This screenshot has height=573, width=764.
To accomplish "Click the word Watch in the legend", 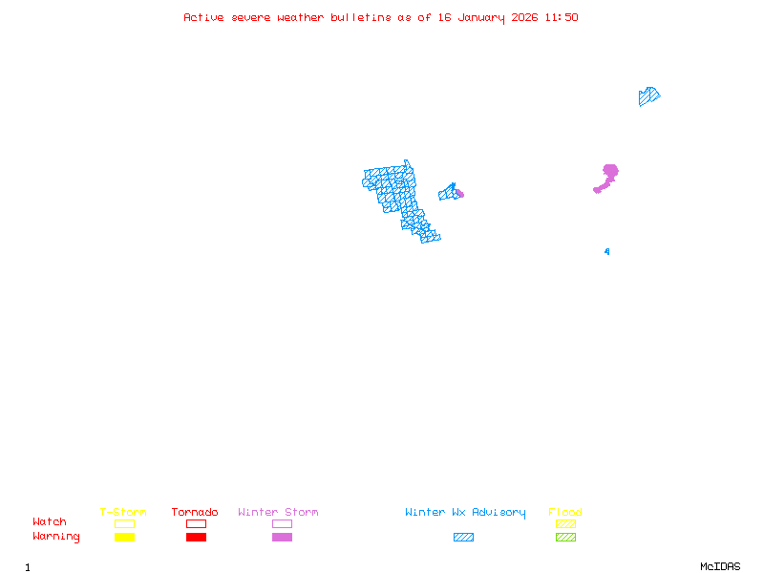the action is (50, 522).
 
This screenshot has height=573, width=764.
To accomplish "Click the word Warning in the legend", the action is (56, 537).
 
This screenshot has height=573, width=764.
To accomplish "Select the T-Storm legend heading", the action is (123, 513).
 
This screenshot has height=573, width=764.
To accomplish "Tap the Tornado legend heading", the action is (195, 513).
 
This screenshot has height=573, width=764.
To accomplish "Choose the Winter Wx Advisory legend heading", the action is (465, 513).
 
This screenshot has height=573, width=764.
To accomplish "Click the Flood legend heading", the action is (565, 513).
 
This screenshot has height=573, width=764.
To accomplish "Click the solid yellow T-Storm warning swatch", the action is (124, 537).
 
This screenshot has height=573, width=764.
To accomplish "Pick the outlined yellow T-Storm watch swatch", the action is (124, 523).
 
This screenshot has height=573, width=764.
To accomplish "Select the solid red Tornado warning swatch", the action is (196, 537).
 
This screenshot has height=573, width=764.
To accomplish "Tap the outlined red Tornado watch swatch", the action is (196, 523).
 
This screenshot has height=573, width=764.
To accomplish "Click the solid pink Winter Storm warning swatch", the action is (282, 537).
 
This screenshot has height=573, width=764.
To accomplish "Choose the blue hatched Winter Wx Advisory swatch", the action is (463, 537).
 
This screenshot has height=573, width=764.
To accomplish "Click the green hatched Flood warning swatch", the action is (565, 537).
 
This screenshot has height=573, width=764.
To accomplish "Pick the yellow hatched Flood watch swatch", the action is (565, 523).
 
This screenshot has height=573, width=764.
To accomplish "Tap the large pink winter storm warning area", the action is (608, 174).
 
